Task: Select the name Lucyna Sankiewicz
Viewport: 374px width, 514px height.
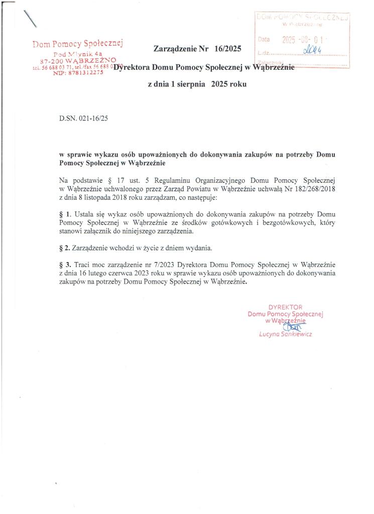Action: [x=286, y=334]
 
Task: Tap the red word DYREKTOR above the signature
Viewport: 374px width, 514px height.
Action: [x=285, y=306]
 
